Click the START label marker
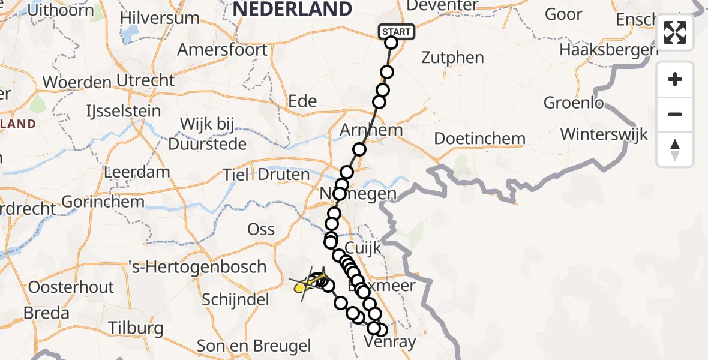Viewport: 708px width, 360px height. click(397, 32)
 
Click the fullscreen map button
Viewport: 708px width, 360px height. click(675, 32)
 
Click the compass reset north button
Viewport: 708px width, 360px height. click(675, 149)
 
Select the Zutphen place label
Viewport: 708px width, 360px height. click(452, 58)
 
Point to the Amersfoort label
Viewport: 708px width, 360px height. click(222, 49)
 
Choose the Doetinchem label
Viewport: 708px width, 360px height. click(479, 139)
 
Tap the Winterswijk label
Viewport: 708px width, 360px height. click(604, 134)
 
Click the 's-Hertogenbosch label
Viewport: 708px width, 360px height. click(197, 266)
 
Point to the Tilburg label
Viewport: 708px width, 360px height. click(136, 328)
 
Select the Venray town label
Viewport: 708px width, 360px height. click(391, 342)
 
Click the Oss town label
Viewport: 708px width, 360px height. click(262, 229)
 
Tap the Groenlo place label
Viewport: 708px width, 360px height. click(574, 103)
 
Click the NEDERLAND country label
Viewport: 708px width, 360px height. click(292, 9)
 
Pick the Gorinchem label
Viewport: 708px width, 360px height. click(103, 202)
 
